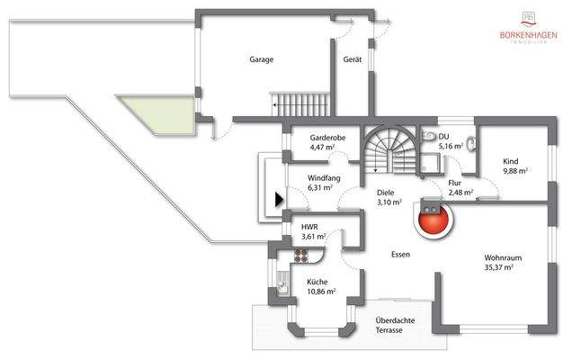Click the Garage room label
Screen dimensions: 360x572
262,59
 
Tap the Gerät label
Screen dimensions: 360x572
353,59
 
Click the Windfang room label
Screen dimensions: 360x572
321,184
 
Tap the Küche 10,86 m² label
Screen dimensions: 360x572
321,287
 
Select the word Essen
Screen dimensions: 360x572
400,255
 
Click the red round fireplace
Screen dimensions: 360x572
432,220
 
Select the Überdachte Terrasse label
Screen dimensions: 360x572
393,327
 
